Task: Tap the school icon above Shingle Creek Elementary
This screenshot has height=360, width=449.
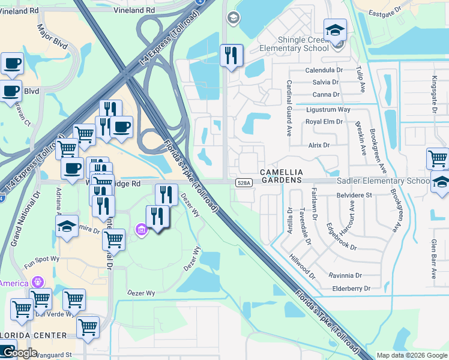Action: (335, 30)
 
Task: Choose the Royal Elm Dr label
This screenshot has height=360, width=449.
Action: (324, 121)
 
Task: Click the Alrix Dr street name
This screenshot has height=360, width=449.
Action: (319, 145)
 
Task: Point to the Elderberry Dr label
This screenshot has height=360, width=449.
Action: (351, 289)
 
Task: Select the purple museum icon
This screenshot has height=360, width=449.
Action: (141, 229)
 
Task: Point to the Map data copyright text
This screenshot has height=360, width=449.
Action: (411, 355)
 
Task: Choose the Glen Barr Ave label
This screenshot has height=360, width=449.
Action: (433, 258)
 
